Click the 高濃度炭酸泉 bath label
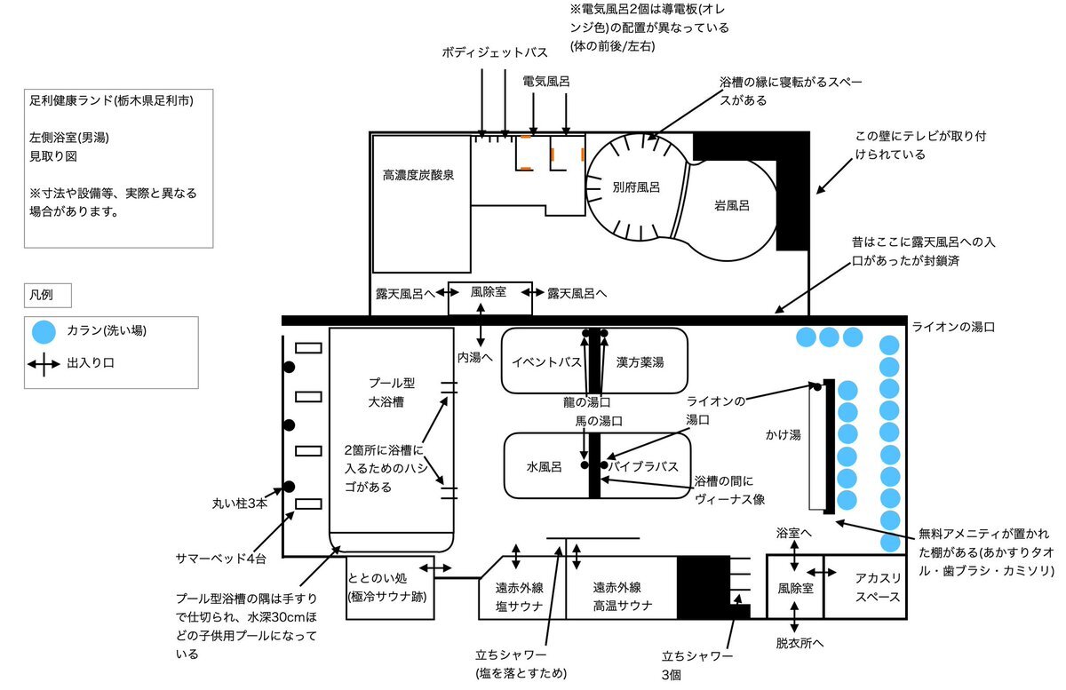(418, 175)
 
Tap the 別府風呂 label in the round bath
(636, 187)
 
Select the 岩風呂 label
(732, 205)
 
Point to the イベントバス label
(546, 362)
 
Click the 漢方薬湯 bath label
(640, 362)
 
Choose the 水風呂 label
(544, 467)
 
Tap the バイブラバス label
(643, 466)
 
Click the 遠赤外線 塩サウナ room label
(519, 597)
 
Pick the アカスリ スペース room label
(878, 587)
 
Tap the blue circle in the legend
(44, 331)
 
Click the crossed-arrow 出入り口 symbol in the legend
(44, 365)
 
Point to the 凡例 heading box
(48, 295)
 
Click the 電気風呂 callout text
(545, 82)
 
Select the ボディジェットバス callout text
(495, 52)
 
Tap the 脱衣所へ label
(799, 643)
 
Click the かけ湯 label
(783, 434)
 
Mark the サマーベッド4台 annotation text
(221, 559)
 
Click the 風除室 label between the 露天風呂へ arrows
(489, 291)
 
